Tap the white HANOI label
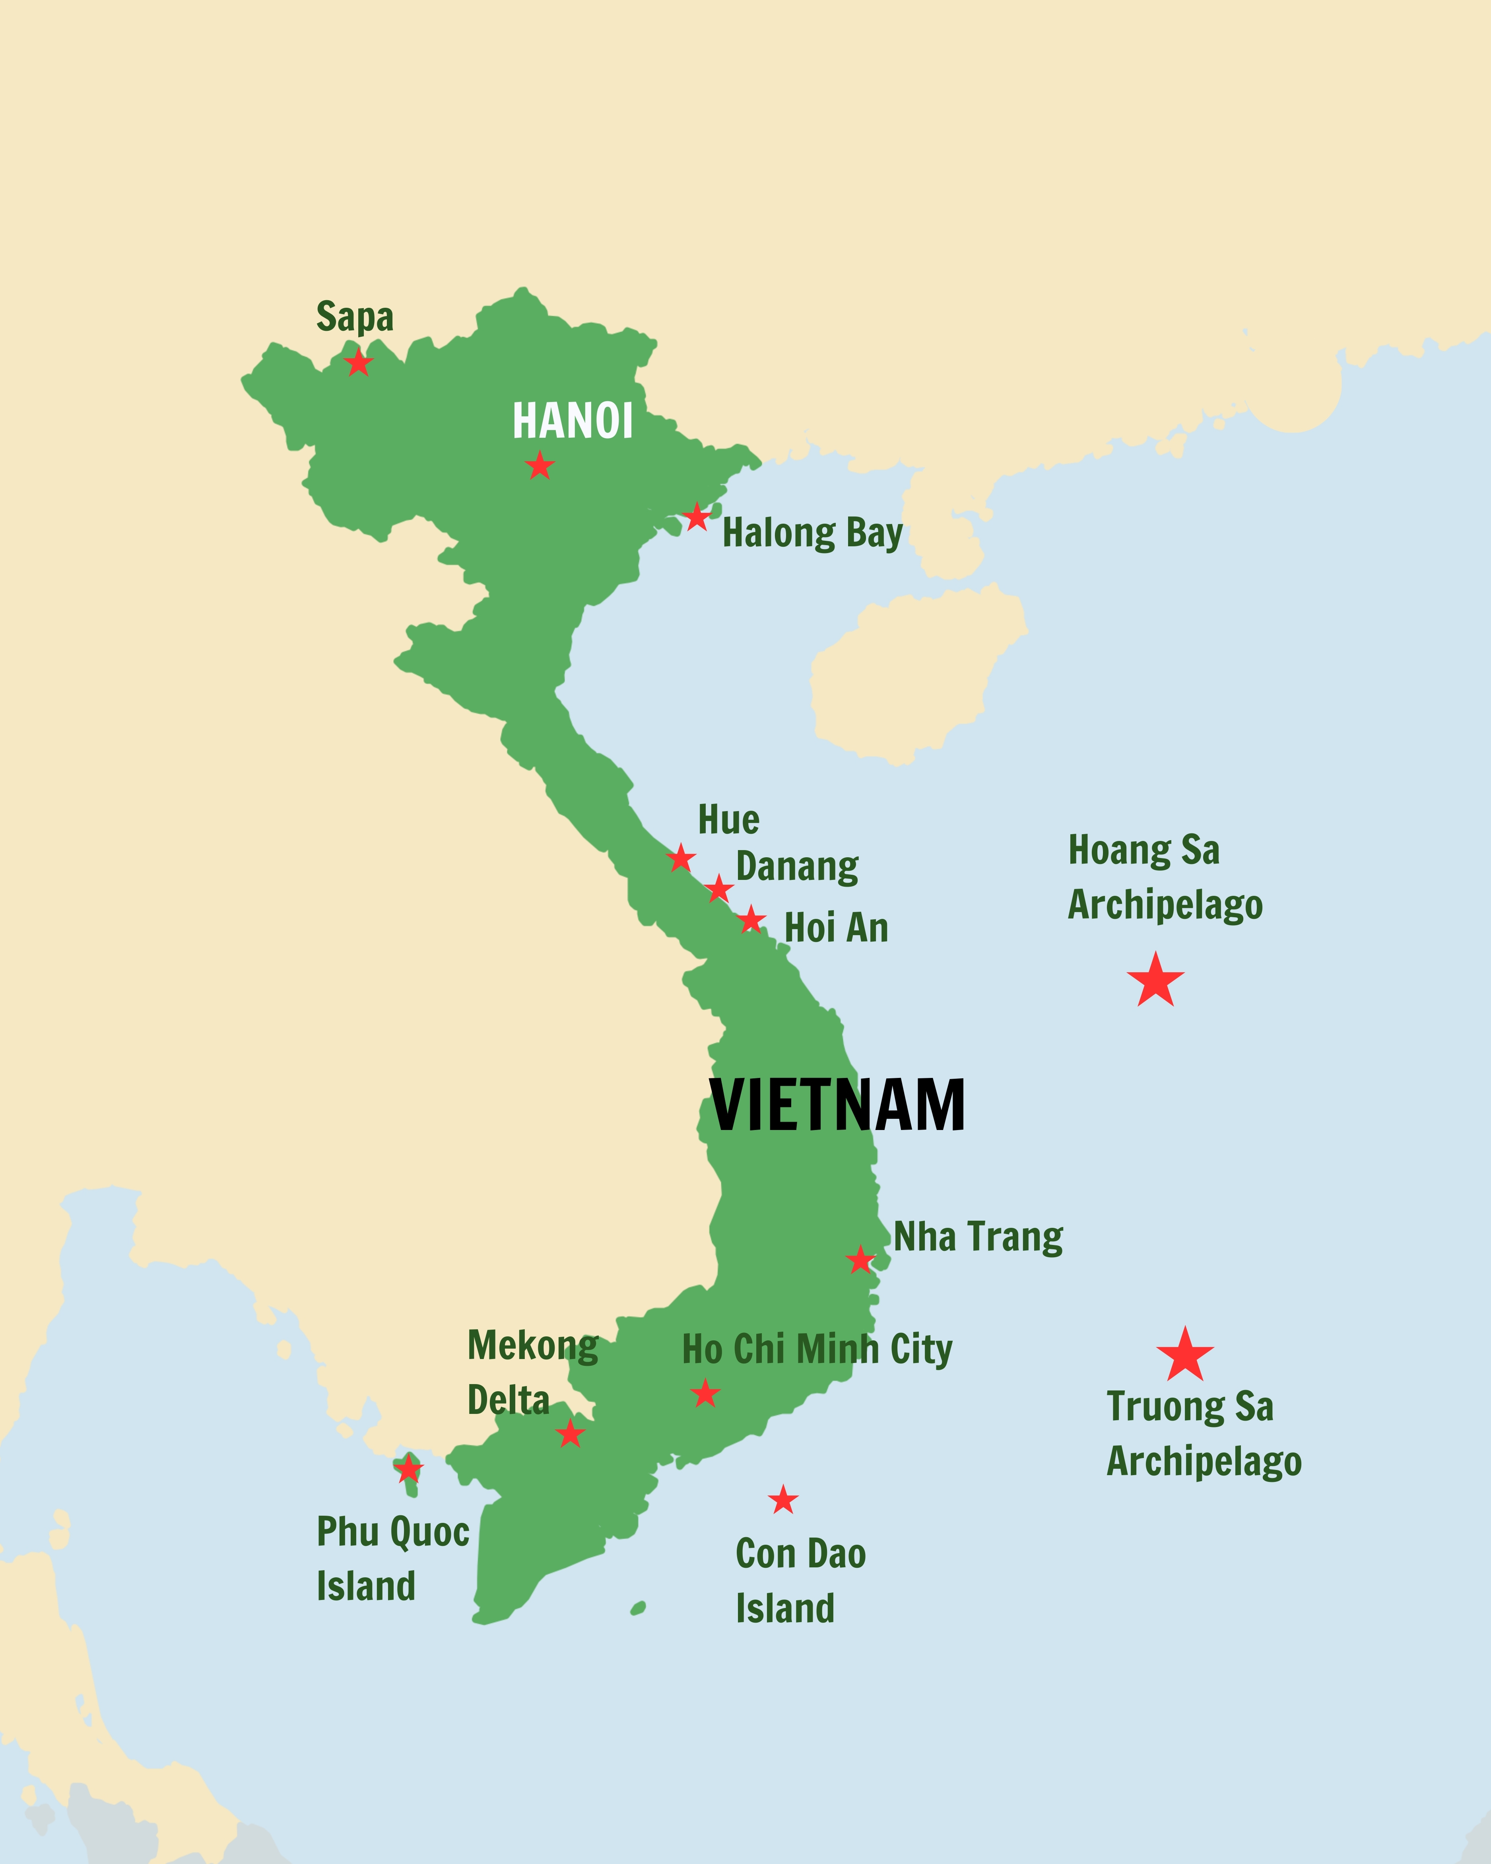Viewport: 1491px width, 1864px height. (x=572, y=422)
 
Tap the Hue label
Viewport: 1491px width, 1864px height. (x=729, y=819)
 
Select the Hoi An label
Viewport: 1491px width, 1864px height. (x=836, y=928)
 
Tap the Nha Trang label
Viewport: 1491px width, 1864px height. (x=978, y=1237)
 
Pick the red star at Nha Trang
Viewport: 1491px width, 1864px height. (x=860, y=1260)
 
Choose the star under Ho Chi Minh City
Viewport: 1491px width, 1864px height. (x=705, y=1394)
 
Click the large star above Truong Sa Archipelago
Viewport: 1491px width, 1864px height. (x=1185, y=1355)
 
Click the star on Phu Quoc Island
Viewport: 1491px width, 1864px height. (x=408, y=1468)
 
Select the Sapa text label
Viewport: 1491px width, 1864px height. (x=354, y=317)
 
